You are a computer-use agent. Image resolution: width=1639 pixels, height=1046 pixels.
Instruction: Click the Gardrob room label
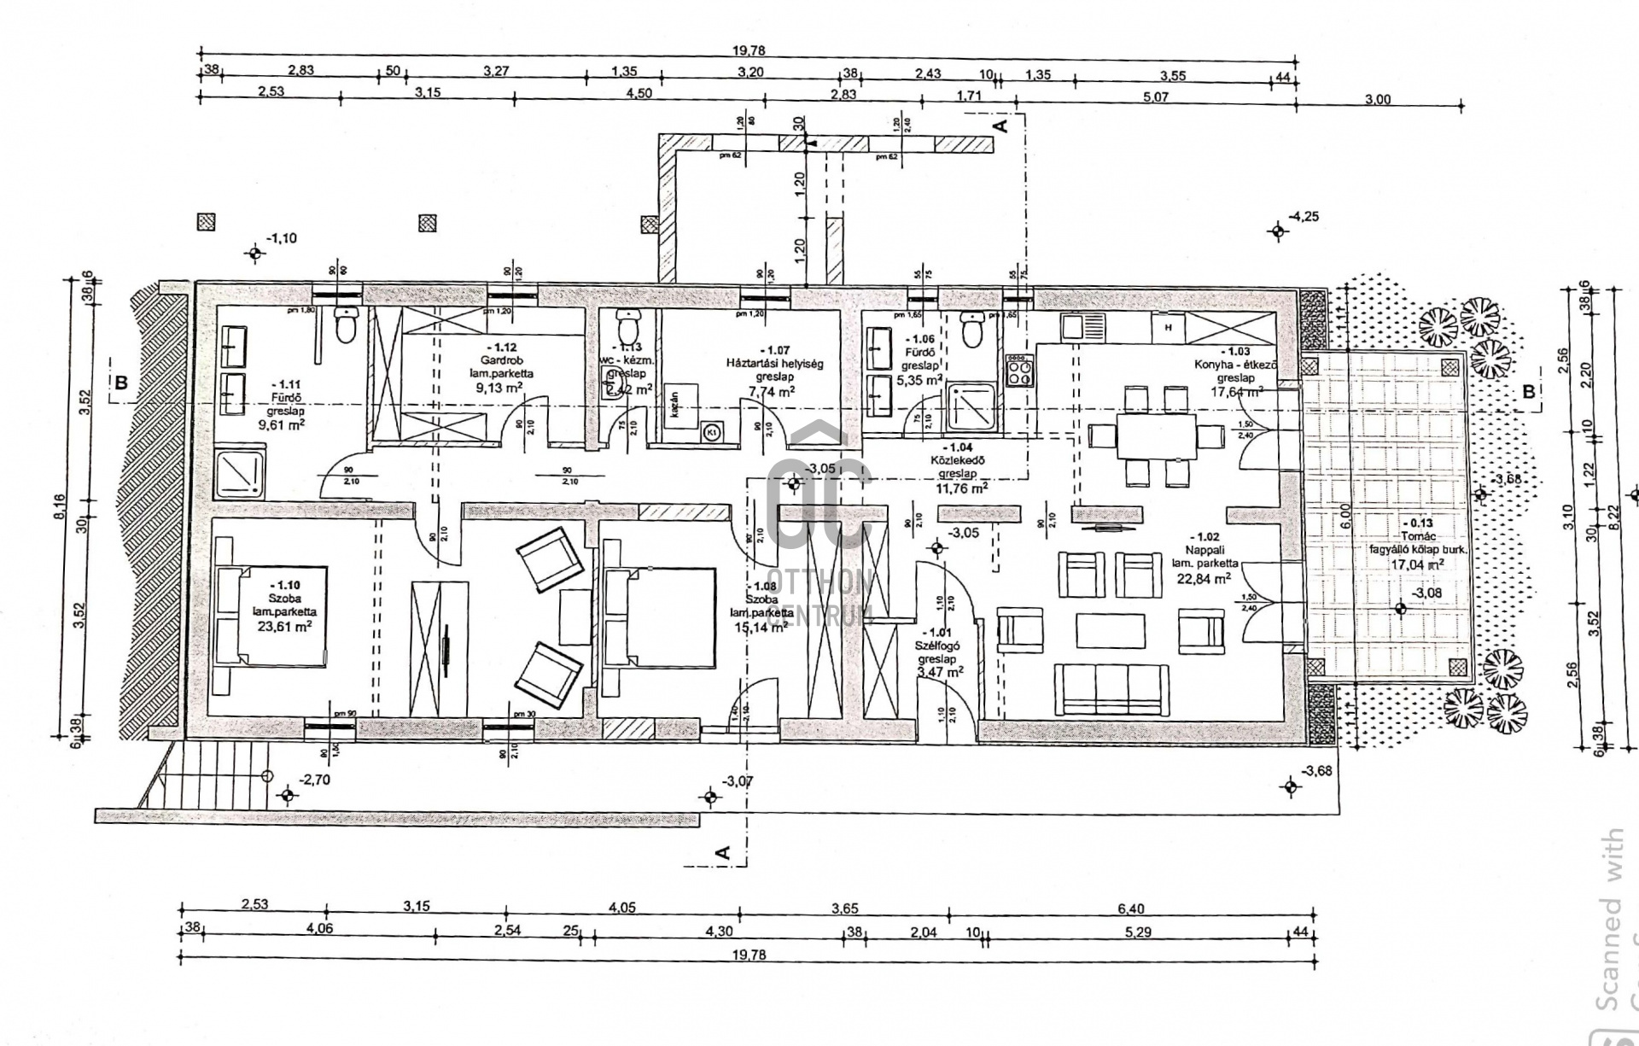499,360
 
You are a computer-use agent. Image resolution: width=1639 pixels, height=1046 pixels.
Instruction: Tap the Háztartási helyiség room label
773,363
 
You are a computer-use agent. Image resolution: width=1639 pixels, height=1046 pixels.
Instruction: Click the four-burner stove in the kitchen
1019,371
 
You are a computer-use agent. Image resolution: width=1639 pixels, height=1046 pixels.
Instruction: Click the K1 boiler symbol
711,432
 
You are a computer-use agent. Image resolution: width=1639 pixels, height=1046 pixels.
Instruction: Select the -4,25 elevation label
1304,217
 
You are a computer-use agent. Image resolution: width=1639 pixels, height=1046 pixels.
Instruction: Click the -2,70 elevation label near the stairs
316,780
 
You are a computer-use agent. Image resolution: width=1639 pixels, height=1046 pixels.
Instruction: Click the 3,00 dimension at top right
1378,99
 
